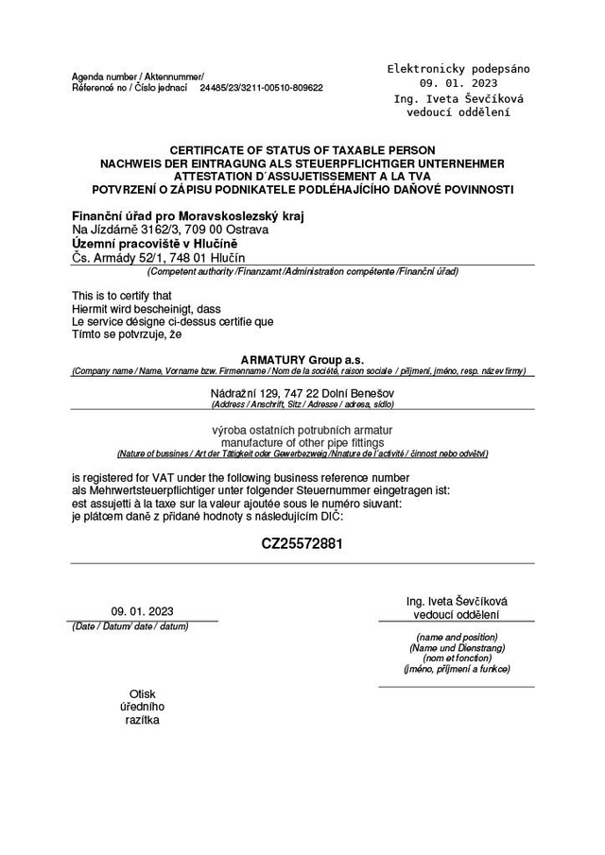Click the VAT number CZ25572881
[302, 544]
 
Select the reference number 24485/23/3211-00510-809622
[262, 87]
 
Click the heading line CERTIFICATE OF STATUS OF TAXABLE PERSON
[302, 150]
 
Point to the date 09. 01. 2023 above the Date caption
[142, 611]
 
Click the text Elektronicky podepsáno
[458, 69]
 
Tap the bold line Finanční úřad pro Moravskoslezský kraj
[188, 216]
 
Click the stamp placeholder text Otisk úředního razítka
[142, 708]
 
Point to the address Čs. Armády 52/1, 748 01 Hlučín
[158, 258]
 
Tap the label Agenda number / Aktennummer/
[138, 76]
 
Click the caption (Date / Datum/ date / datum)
[130, 626]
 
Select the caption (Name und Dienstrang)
[457, 648]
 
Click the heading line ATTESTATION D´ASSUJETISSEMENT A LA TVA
[302, 177]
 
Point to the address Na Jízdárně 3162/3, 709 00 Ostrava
[170, 230]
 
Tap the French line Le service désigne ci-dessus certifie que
[172, 321]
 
